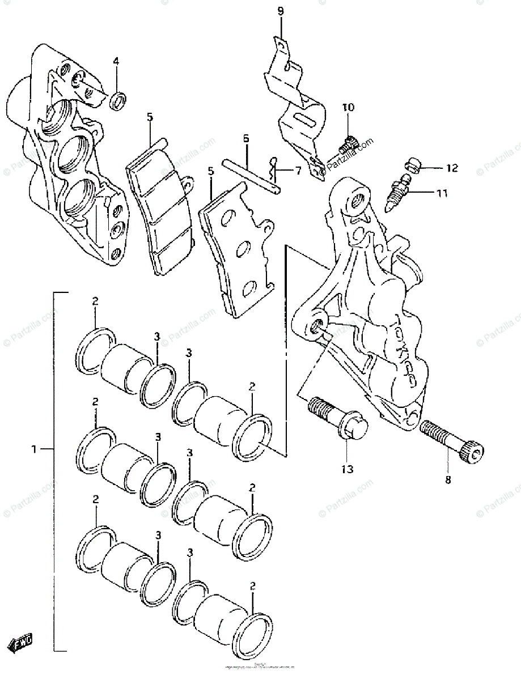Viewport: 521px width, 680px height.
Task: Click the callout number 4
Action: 116,62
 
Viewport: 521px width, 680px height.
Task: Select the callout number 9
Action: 281,11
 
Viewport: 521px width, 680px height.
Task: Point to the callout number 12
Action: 451,168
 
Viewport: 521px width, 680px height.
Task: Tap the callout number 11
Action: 442,193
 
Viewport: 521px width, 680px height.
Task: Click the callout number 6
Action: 246,138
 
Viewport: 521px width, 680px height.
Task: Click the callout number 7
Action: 298,170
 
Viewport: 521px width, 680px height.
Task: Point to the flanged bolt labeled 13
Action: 340,423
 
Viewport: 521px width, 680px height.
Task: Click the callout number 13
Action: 347,469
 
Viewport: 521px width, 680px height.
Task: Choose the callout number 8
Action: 447,481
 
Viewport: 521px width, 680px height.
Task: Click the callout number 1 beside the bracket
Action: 35,449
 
